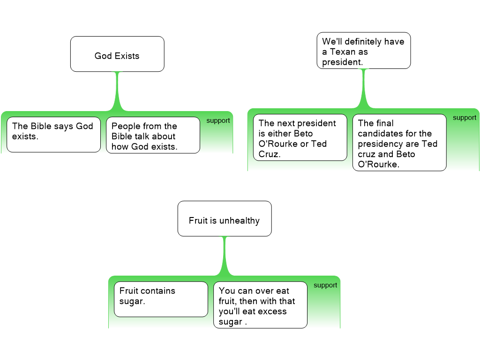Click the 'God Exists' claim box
point(117,54)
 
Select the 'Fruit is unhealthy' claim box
point(224,218)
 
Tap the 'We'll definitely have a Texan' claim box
point(363,51)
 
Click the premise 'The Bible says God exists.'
point(53,135)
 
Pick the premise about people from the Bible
point(153,135)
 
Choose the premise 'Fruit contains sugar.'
point(161,299)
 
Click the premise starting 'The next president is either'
point(300,137)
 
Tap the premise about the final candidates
point(399,142)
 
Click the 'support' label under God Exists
point(218,120)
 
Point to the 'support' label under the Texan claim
point(465,118)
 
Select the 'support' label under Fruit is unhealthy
point(325,285)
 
